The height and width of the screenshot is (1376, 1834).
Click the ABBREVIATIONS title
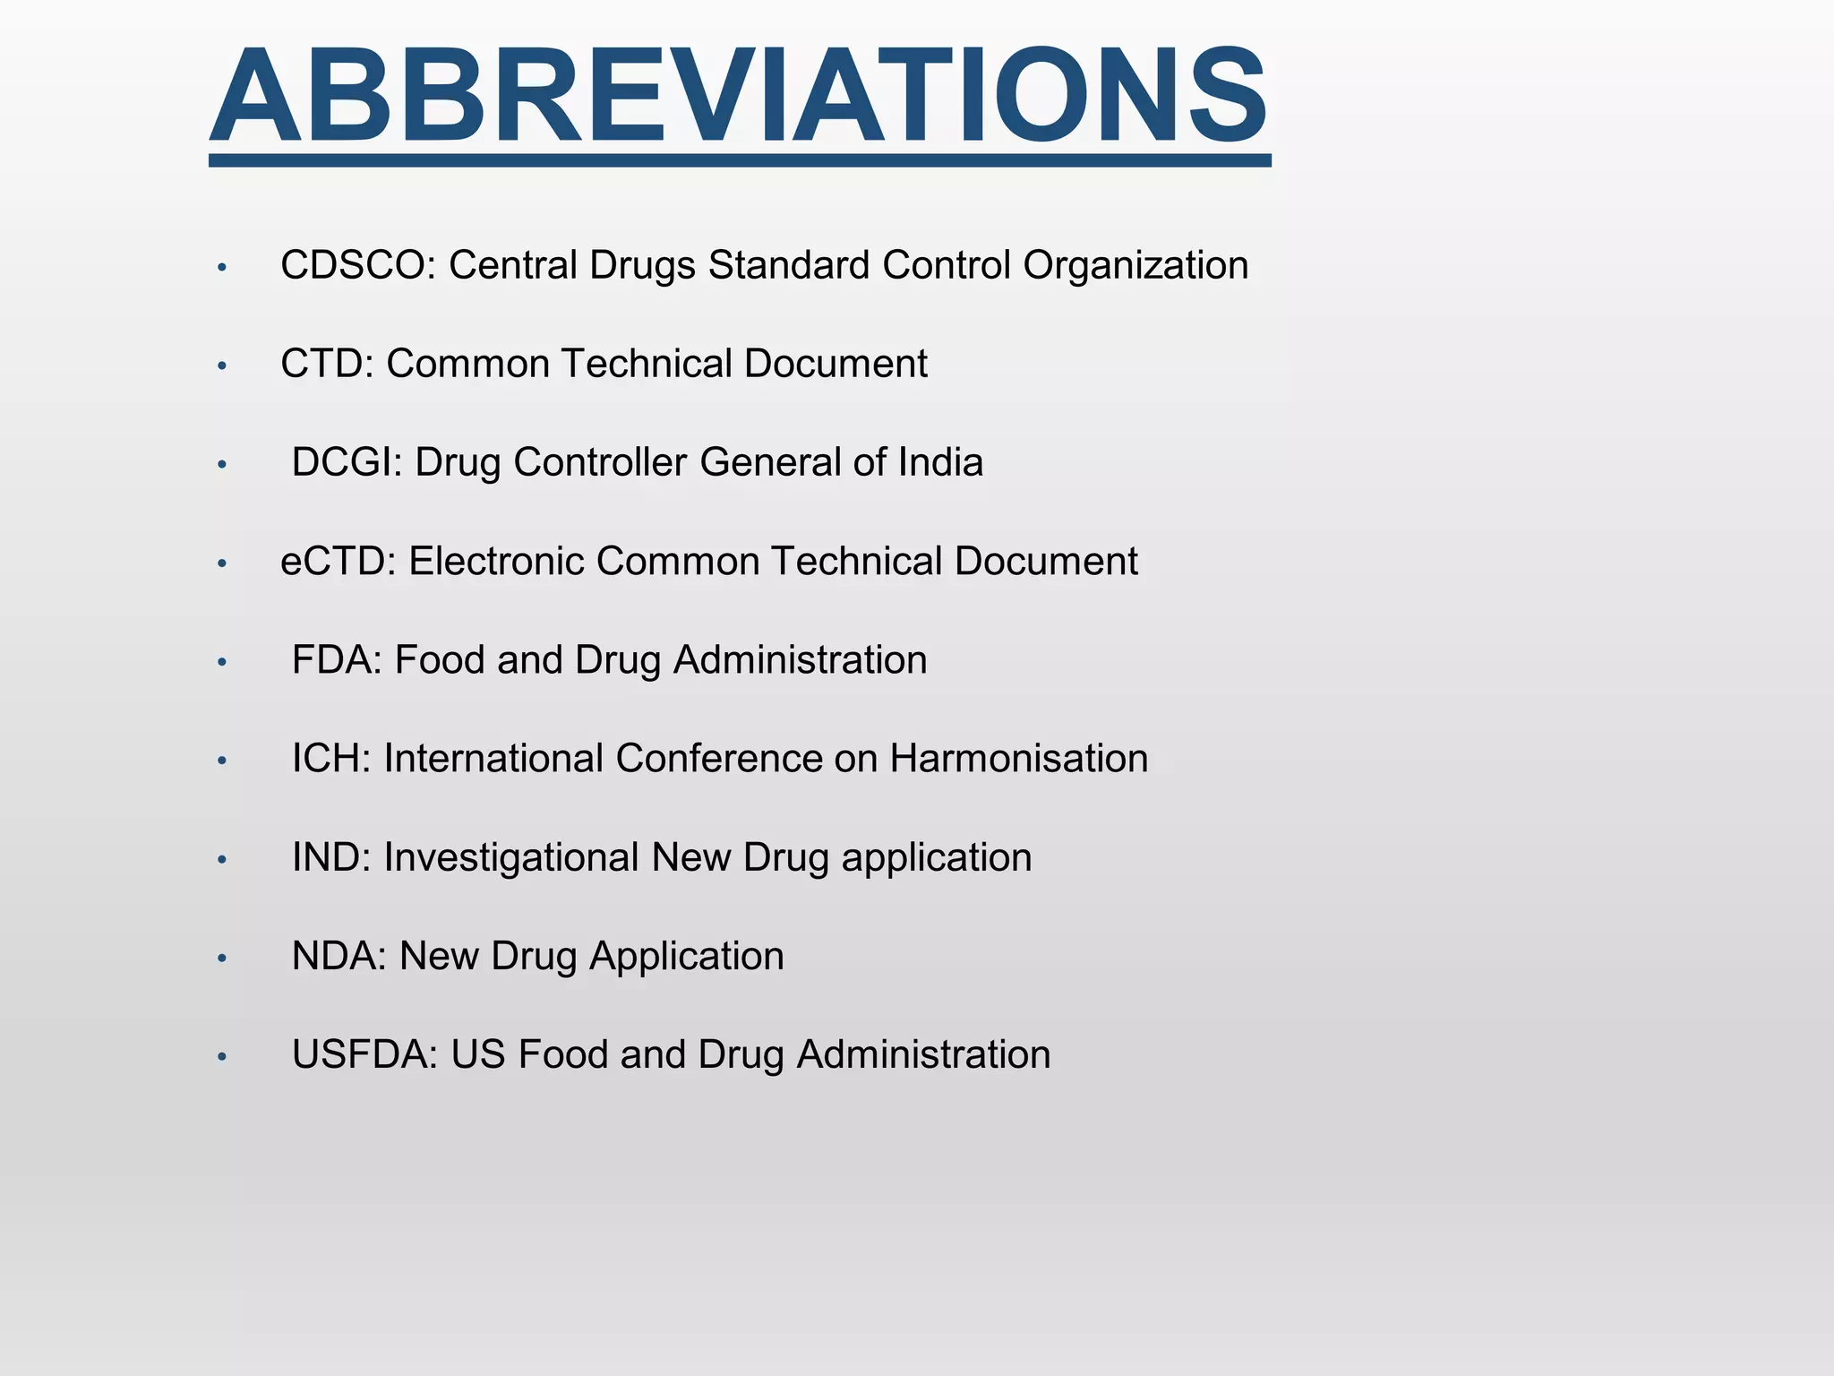[x=739, y=97]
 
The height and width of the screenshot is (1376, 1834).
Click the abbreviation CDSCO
[x=353, y=266]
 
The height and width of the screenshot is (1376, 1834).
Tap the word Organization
[x=1136, y=266]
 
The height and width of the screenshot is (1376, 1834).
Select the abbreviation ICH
[x=327, y=759]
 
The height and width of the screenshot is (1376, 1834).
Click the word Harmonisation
[x=1018, y=759]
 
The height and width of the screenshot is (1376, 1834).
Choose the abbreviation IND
[x=327, y=857]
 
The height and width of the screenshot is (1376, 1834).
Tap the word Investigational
[x=510, y=857]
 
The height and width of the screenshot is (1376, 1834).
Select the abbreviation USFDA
[x=361, y=1054]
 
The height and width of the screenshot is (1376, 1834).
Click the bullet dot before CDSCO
[x=222, y=267]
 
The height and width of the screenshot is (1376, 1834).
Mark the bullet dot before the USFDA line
[x=222, y=1056]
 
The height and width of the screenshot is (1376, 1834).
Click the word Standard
[x=789, y=266]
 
